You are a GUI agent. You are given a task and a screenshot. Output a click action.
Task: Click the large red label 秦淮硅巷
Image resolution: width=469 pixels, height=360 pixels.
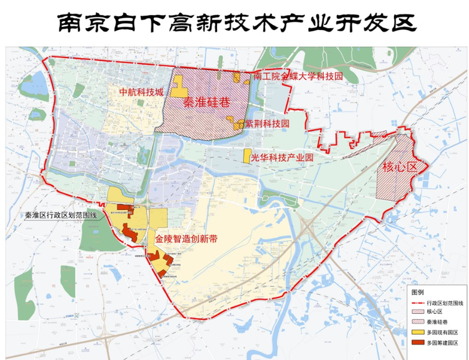[206, 104]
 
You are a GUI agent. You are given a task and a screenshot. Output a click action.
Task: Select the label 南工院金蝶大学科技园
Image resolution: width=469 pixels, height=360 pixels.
[299, 76]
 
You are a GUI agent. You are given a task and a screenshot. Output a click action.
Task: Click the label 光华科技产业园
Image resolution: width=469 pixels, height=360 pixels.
[281, 158]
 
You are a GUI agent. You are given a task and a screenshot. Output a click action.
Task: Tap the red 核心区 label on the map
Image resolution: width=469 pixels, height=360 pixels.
[399, 167]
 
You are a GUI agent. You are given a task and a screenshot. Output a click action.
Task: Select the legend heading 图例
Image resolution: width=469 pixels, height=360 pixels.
[417, 292]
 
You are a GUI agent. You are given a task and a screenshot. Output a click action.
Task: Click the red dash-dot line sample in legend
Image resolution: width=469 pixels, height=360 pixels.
[418, 302]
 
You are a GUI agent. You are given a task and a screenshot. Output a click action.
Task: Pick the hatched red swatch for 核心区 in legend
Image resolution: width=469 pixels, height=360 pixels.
[418, 312]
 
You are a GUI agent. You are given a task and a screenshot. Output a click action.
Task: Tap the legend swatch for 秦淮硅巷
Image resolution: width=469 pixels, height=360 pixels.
[418, 322]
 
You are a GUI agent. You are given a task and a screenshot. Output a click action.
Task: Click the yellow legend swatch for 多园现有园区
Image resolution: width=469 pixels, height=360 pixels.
[418, 332]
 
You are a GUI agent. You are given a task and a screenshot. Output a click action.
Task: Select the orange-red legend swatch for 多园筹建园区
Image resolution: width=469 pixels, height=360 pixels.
[418, 343]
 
